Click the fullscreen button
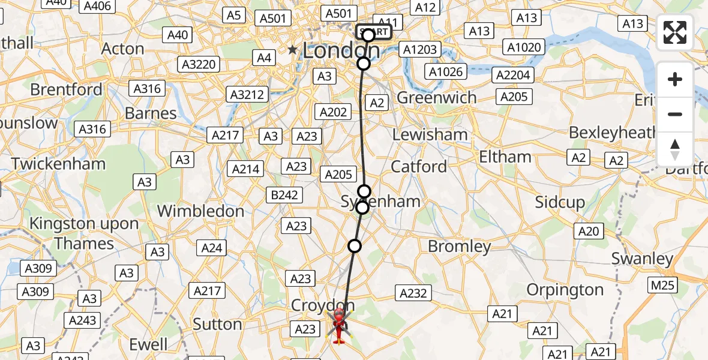pyautogui.click(x=675, y=32)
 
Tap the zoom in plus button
pyautogui.click(x=675, y=80)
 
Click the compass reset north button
pyautogui.click(x=675, y=149)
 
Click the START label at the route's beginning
pyautogui.click(x=374, y=32)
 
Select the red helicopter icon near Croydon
pyautogui.click(x=339, y=326)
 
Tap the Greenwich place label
pyautogui.click(x=437, y=98)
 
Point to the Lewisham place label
pyautogui.click(x=430, y=134)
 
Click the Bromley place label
pyautogui.click(x=459, y=246)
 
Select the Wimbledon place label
pyautogui.click(x=200, y=211)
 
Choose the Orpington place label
pyautogui.click(x=565, y=290)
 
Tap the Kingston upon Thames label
pyautogui.click(x=84, y=233)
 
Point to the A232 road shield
pyautogui.click(x=413, y=293)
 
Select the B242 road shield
pyautogui.click(x=284, y=194)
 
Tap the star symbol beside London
pyautogui.click(x=293, y=50)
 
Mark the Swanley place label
pyautogui.click(x=643, y=259)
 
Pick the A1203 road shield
pyautogui.click(x=421, y=49)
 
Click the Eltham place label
pyautogui.click(x=505, y=157)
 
